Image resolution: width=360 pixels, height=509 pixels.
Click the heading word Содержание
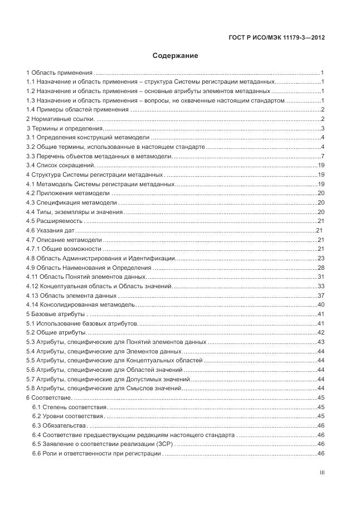pos(175,56)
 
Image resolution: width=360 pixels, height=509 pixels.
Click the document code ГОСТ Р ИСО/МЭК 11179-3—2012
pos(277,38)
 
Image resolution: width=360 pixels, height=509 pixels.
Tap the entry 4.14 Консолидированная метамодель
pos(81,304)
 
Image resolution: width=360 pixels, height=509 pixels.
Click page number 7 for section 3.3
pos(323,156)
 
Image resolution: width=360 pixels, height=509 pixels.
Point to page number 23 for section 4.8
pos(321,258)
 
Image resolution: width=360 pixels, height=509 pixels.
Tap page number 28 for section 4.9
pos(321,268)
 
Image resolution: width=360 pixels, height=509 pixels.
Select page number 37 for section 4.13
pos(321,295)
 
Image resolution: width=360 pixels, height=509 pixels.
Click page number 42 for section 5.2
pos(321,332)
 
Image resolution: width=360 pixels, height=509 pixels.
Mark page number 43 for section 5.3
pos(321,342)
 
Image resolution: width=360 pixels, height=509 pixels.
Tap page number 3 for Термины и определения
pos(323,129)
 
